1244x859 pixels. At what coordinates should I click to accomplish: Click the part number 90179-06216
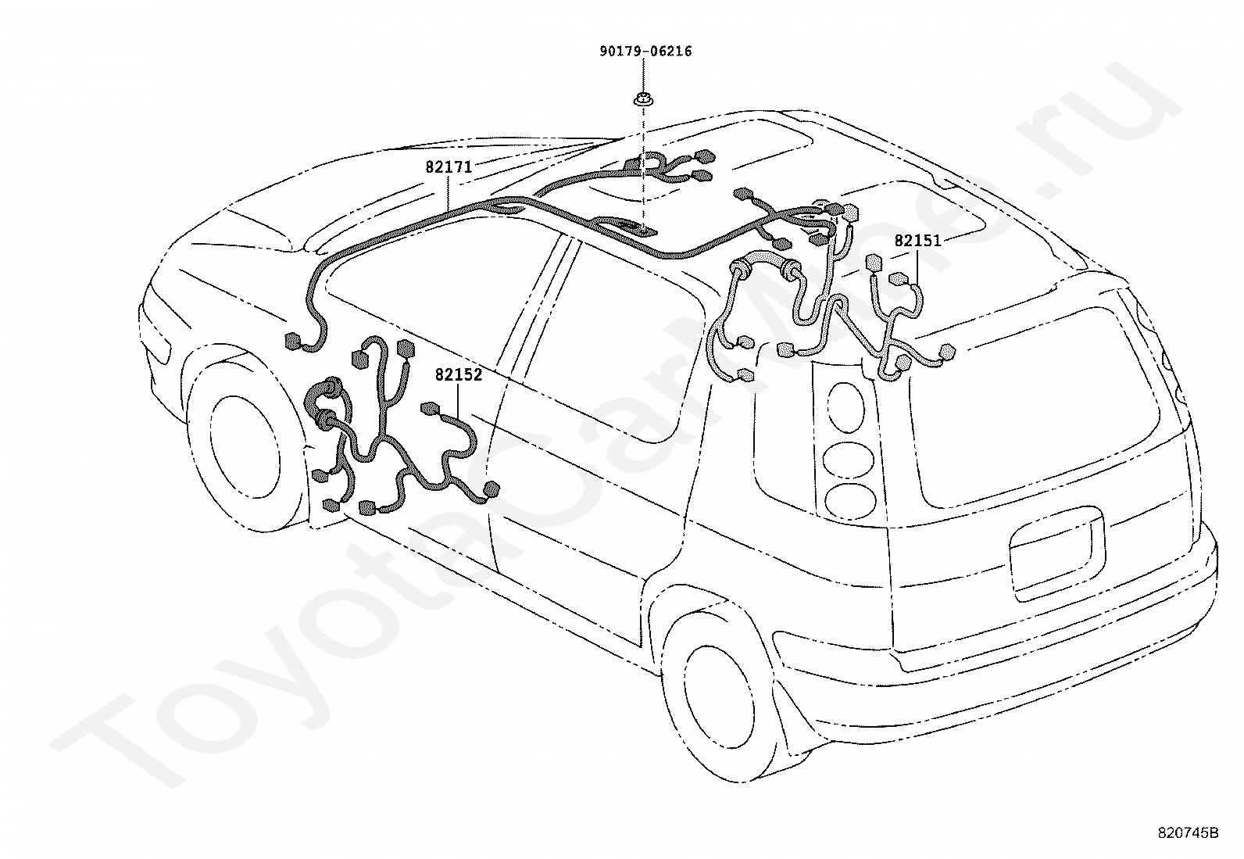(645, 52)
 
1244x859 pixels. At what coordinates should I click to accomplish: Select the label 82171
(448, 167)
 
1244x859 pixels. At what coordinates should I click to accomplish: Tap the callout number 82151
(917, 241)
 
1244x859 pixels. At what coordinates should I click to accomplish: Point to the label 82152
(459, 375)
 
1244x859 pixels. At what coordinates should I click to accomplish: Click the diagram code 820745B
(1188, 833)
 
